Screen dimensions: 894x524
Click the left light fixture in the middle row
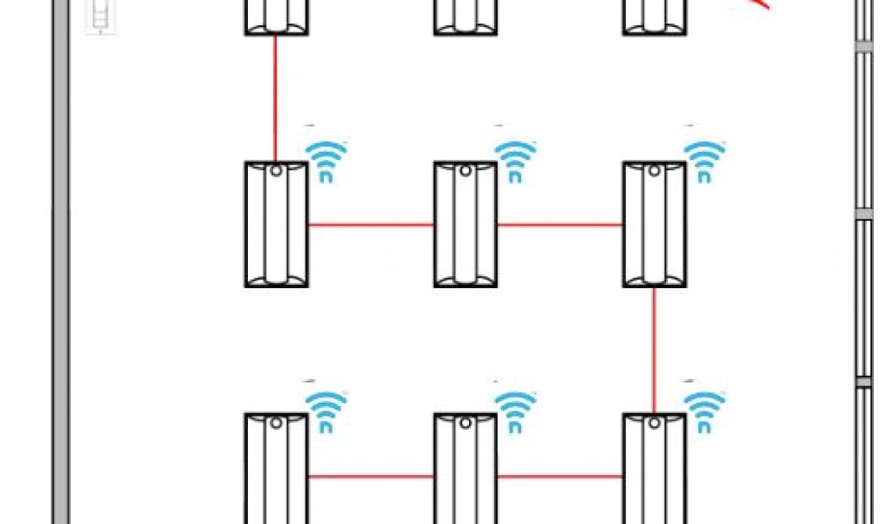pos(276,224)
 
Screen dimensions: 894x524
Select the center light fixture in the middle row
pos(465,224)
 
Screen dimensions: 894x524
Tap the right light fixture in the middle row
pos(654,224)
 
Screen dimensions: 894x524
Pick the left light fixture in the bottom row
pos(276,470)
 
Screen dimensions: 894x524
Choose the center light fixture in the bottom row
pos(465,470)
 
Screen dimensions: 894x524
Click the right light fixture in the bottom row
pos(654,470)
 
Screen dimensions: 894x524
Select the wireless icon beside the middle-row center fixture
pos(516,160)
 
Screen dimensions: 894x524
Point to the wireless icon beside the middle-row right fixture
pos(705,160)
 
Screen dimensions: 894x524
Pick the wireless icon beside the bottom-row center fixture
pos(516,410)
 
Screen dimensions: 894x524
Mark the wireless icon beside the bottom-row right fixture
pos(705,410)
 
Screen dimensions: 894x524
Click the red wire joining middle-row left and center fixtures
pos(371,224)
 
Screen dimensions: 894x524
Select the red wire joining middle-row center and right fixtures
pos(560,224)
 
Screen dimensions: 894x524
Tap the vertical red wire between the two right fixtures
pos(654,349)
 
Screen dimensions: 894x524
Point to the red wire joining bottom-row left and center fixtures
pos(371,476)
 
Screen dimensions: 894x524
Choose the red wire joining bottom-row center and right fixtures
pos(560,476)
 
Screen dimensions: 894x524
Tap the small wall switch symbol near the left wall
pos(102,17)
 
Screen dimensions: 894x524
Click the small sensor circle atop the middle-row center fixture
pos(464,171)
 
